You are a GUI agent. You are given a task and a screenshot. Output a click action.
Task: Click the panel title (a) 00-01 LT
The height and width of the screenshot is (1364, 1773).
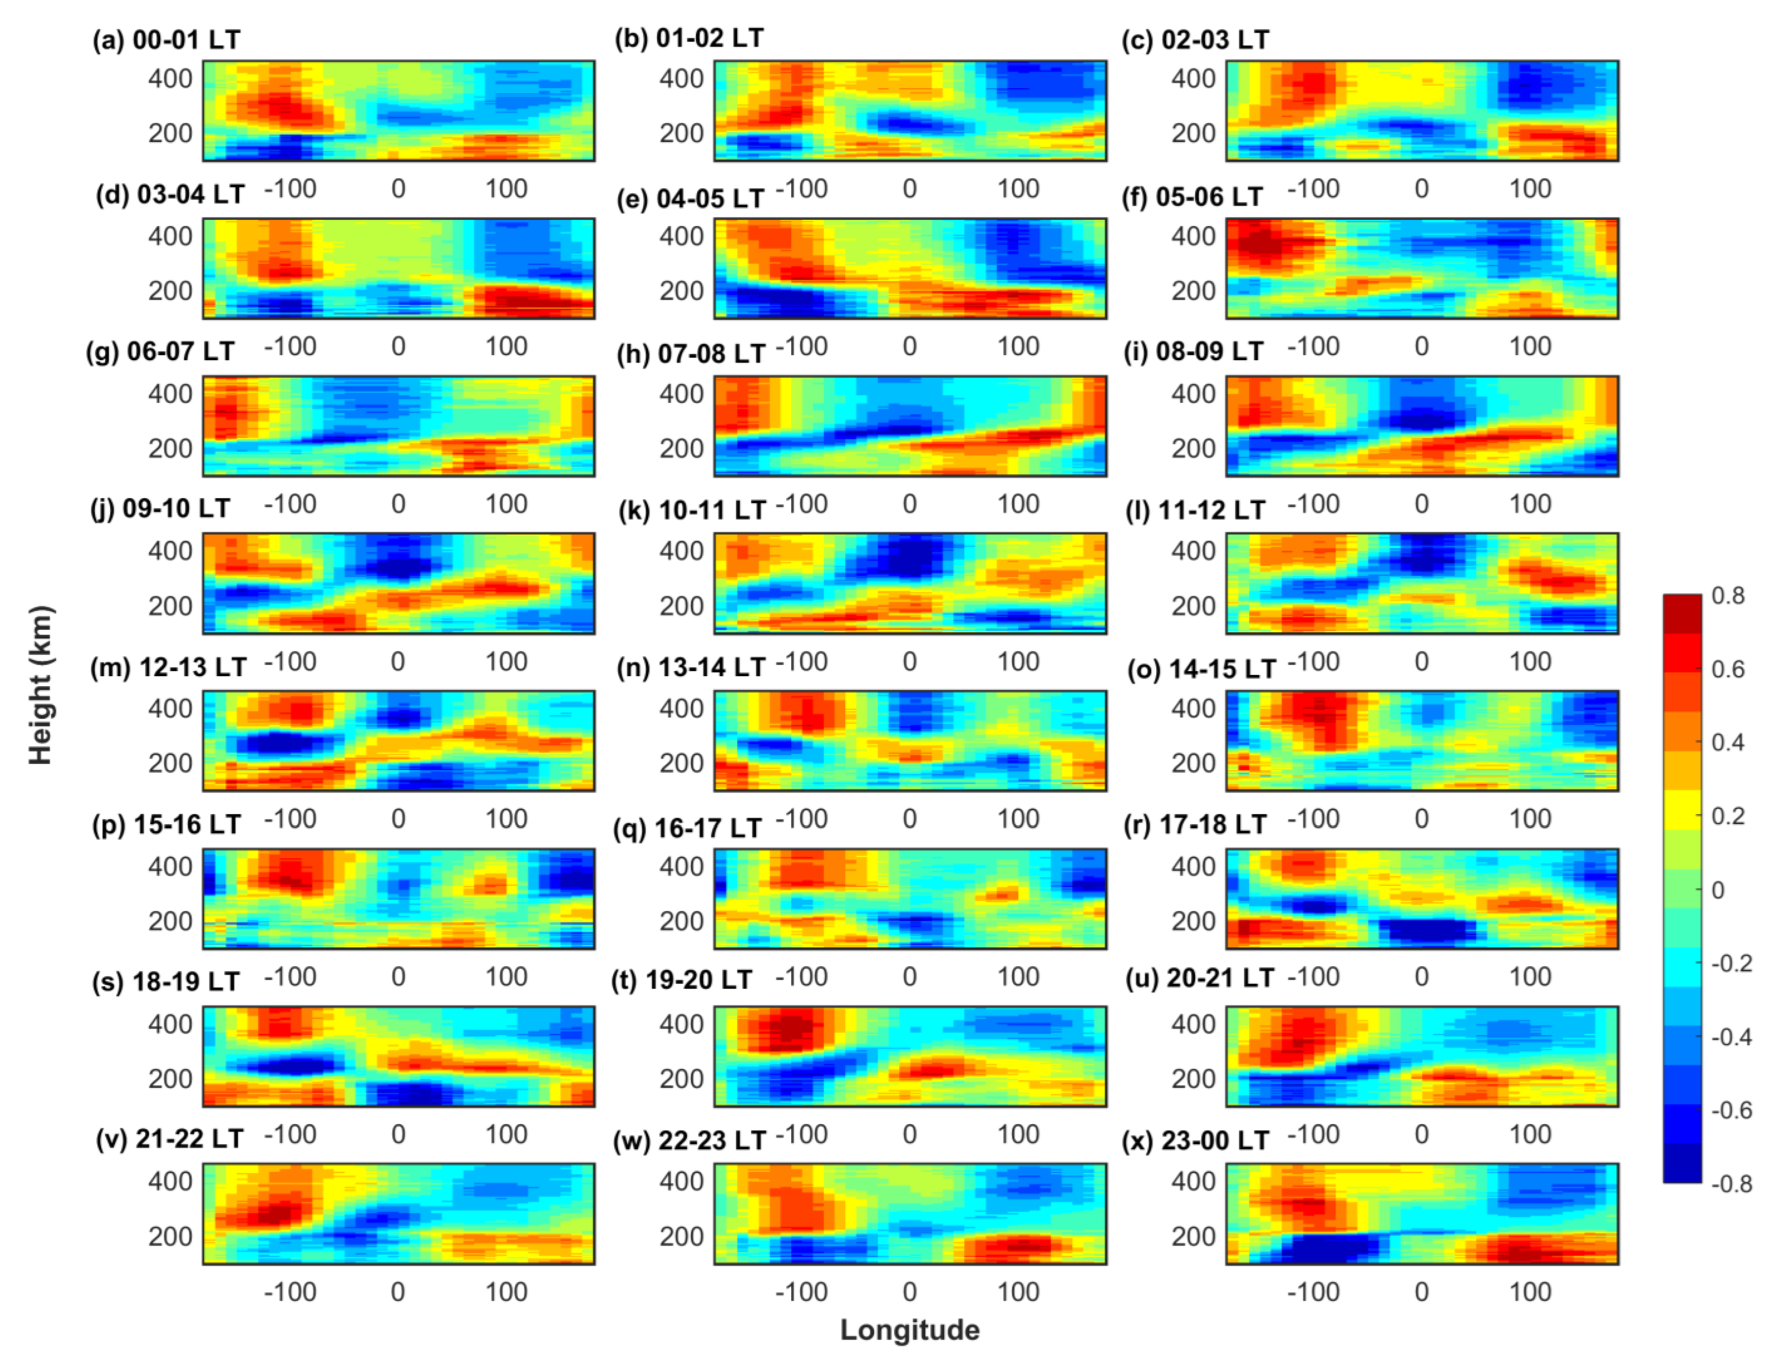click(x=166, y=40)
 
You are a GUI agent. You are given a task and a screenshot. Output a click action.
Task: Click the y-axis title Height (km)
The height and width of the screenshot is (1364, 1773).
click(x=41, y=685)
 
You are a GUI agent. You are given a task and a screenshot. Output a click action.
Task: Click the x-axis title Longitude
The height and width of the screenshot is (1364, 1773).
click(x=909, y=1330)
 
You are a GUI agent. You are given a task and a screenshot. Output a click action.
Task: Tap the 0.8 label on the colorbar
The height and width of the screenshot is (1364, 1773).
click(x=1727, y=596)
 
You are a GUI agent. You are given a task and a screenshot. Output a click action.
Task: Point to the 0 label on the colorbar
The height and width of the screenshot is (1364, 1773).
click(x=1718, y=890)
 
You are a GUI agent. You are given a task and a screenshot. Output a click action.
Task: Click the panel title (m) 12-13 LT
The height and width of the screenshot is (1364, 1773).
click(x=169, y=667)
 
